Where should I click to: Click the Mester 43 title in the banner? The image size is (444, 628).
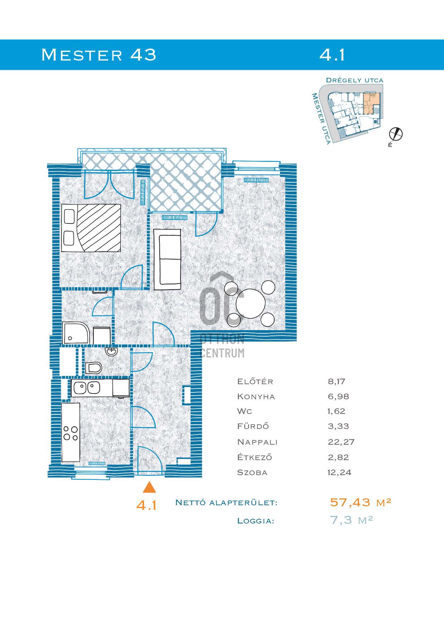(x=99, y=55)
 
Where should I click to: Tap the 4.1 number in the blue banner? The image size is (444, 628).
(x=332, y=55)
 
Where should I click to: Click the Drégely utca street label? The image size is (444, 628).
(x=354, y=80)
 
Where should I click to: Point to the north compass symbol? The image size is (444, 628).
(x=396, y=134)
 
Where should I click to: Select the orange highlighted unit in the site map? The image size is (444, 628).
(x=371, y=103)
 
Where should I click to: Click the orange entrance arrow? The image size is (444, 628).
(x=149, y=487)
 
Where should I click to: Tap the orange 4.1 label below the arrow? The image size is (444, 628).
(x=146, y=505)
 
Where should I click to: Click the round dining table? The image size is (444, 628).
(x=250, y=303)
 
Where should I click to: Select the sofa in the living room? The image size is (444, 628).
(x=167, y=260)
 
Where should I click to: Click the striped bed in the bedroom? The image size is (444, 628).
(x=91, y=228)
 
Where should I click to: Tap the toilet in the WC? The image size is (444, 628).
(x=93, y=367)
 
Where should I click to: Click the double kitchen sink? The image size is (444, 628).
(x=87, y=388)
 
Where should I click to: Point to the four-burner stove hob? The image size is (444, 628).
(x=71, y=433)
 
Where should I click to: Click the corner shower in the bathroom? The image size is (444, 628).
(x=76, y=333)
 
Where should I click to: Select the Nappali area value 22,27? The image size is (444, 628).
(x=341, y=442)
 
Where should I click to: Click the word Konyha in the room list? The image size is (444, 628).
(x=256, y=397)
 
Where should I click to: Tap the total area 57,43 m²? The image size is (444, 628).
(x=360, y=502)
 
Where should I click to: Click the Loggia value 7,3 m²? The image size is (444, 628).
(x=351, y=520)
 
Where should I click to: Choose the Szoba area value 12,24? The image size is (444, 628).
(x=339, y=473)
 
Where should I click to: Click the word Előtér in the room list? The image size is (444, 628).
(x=255, y=381)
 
